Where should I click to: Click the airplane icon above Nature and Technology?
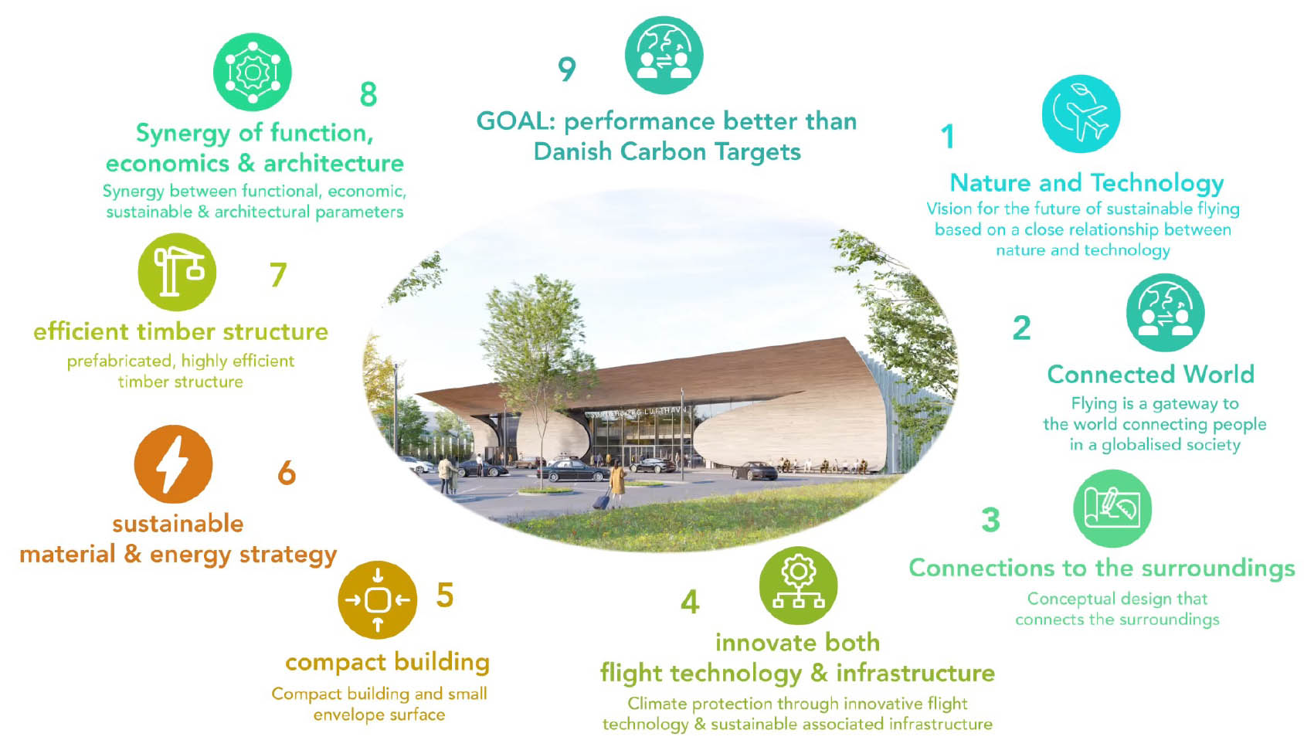pyautogui.click(x=1081, y=114)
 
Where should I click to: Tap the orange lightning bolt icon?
pyautogui.click(x=173, y=463)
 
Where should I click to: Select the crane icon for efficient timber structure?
pyautogui.click(x=177, y=272)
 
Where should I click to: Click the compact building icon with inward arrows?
pyautogui.click(x=377, y=599)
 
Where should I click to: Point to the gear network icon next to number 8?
pyautogui.click(x=253, y=72)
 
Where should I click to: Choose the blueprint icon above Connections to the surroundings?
pyautogui.click(x=1112, y=508)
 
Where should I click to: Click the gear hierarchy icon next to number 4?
pyautogui.click(x=798, y=586)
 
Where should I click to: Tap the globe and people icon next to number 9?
pyautogui.click(x=664, y=55)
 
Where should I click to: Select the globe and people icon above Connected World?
pyautogui.click(x=1165, y=313)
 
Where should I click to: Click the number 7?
pyautogui.click(x=278, y=274)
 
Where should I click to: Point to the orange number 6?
pyautogui.click(x=287, y=473)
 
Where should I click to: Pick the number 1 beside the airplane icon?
pyautogui.click(x=947, y=136)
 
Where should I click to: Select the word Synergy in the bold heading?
pyautogui.click(x=183, y=134)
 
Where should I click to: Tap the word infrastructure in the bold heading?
pyautogui.click(x=915, y=673)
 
